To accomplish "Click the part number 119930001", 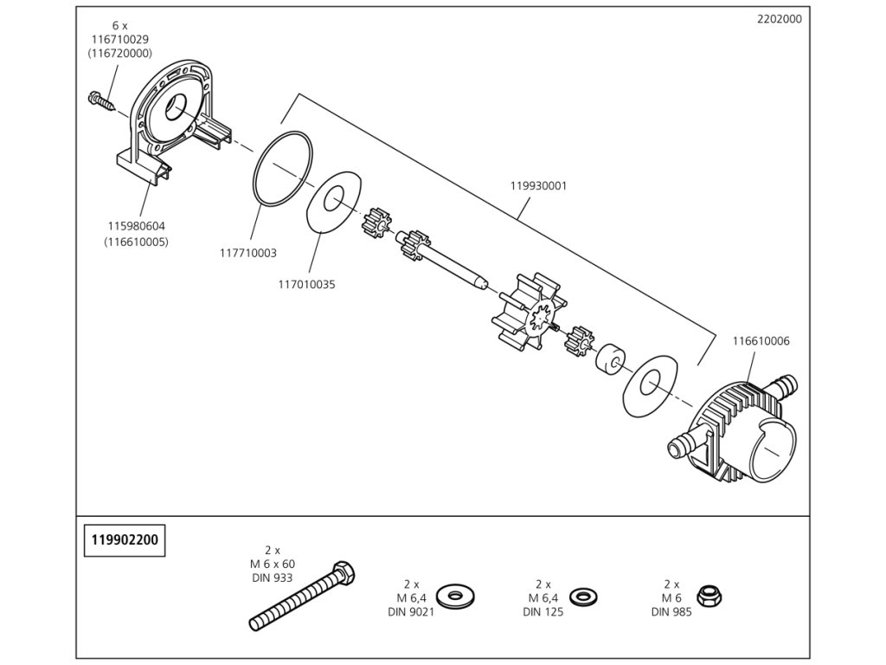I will pos(538,185).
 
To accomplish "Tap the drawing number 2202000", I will pos(779,19).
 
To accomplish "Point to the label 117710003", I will pos(247,253).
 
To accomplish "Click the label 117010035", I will pos(306,283).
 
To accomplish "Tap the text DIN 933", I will pos(273,578).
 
